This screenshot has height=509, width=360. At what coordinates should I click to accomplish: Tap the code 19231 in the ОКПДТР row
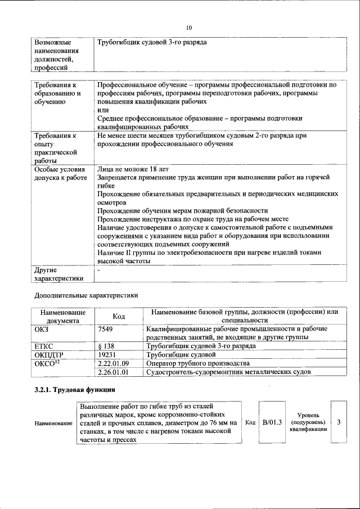[107, 355]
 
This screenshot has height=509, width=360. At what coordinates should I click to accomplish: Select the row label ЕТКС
[44, 346]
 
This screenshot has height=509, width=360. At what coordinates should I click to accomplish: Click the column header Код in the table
[119, 316]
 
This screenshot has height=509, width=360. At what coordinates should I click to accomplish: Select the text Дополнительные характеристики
[85, 295]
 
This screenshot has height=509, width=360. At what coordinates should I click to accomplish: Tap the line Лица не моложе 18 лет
[132, 169]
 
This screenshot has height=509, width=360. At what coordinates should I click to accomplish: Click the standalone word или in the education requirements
[102, 111]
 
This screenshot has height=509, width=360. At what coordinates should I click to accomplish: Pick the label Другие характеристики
[58, 274]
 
